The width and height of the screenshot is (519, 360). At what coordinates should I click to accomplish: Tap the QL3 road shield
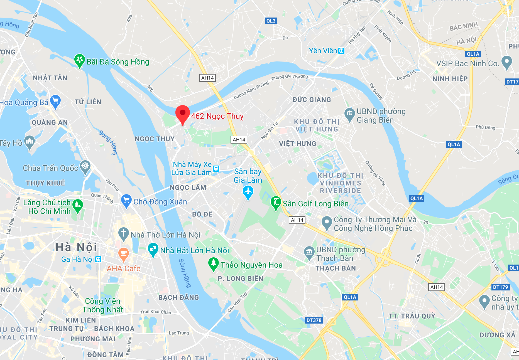(x=271, y=21)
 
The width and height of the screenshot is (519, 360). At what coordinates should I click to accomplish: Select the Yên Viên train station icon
(x=341, y=51)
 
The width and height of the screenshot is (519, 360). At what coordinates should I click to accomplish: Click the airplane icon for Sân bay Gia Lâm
(x=248, y=192)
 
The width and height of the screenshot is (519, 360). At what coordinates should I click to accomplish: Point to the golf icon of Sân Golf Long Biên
(x=276, y=202)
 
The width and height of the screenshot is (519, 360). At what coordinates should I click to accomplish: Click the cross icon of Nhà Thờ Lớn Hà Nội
(x=123, y=233)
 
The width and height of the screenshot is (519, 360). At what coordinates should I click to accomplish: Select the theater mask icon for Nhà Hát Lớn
(x=153, y=249)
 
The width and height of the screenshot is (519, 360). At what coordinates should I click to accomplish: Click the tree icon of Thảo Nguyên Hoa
(x=213, y=263)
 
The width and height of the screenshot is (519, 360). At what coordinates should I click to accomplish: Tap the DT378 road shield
(x=314, y=320)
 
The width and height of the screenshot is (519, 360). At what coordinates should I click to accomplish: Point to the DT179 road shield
(x=500, y=287)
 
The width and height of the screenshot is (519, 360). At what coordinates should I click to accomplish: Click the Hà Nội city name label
(x=76, y=247)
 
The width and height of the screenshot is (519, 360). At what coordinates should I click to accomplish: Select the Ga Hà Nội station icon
(x=98, y=259)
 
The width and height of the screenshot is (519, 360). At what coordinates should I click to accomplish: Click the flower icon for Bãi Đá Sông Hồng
(x=79, y=60)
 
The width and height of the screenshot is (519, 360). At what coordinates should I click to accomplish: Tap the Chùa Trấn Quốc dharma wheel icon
(x=85, y=166)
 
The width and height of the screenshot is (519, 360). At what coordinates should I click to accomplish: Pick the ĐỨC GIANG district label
(x=312, y=100)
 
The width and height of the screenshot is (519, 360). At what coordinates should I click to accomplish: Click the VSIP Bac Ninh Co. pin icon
(x=506, y=62)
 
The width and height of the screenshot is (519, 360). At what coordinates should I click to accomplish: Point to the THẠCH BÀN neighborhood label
(x=336, y=268)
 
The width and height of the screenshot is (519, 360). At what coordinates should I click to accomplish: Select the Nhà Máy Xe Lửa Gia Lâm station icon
(x=216, y=169)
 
